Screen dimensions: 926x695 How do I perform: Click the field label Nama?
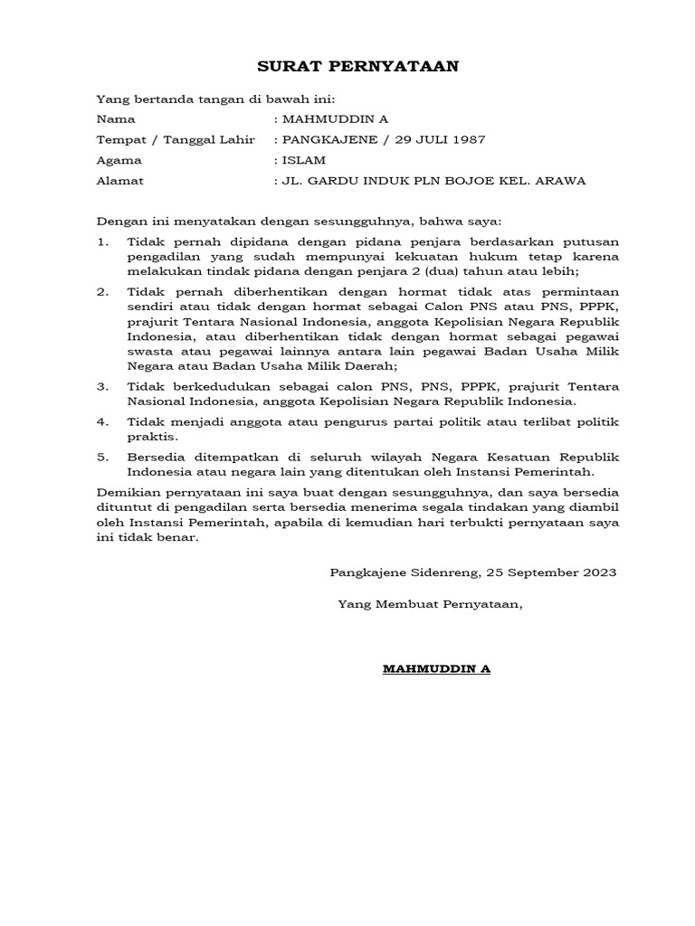(x=116, y=118)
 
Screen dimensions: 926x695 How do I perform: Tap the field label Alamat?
(x=119, y=181)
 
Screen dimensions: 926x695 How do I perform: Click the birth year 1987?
(x=468, y=139)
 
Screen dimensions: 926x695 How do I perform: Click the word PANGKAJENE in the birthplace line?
(x=321, y=139)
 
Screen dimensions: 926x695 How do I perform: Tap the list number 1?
(x=103, y=241)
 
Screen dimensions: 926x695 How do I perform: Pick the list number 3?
(x=103, y=386)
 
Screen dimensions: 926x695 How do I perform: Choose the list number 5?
(x=103, y=457)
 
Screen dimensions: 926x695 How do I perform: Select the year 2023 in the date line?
(x=598, y=572)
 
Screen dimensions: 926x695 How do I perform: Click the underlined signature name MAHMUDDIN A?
(x=436, y=669)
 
